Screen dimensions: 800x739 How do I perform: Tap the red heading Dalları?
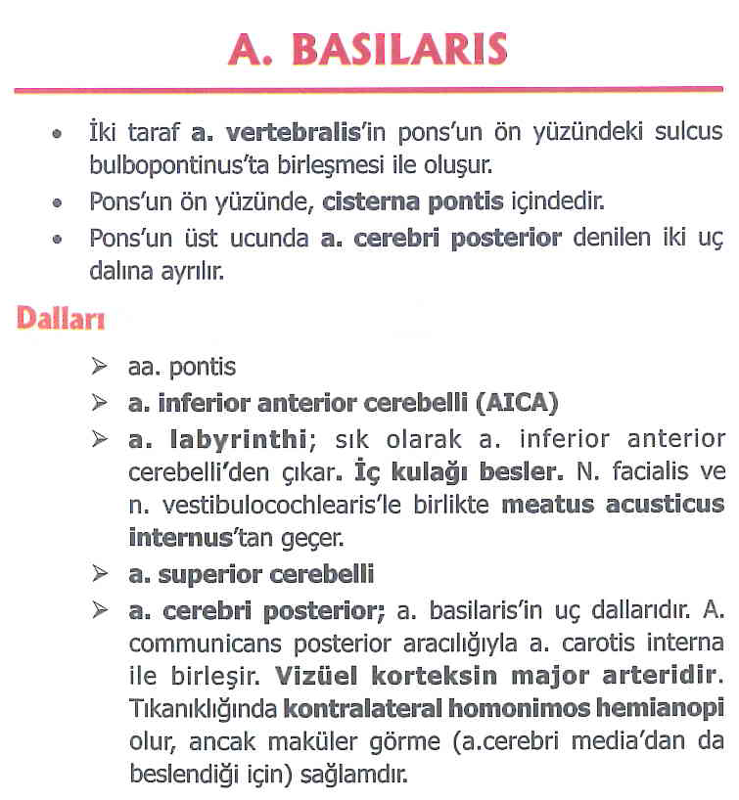(60, 318)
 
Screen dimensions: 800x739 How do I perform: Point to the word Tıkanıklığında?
(203, 707)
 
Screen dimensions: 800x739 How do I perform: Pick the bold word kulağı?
(420, 471)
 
